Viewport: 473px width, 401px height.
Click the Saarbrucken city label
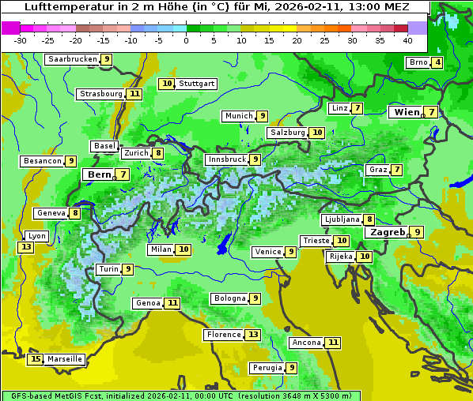click(72, 59)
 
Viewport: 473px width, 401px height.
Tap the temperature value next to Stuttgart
click(166, 84)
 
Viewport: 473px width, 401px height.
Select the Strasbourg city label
click(100, 94)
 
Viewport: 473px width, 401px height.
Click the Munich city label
click(238, 116)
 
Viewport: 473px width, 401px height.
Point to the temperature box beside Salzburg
click(317, 133)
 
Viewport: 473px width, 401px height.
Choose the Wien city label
click(407, 112)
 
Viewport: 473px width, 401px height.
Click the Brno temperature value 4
click(437, 63)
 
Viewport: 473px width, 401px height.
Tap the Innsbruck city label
click(225, 159)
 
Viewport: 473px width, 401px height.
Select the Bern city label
click(99, 174)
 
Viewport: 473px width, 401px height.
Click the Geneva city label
click(51, 213)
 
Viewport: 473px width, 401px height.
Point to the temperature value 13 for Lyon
click(26, 247)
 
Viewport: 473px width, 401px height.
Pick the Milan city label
click(161, 249)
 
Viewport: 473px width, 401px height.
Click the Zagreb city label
click(386, 232)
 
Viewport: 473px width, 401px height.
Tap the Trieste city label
click(316, 241)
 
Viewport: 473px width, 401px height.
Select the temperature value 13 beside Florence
click(253, 335)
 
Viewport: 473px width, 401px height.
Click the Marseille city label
click(64, 359)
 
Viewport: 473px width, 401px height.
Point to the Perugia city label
click(266, 368)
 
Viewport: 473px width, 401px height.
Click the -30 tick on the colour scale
click(21, 40)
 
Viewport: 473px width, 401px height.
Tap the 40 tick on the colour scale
click(407, 40)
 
